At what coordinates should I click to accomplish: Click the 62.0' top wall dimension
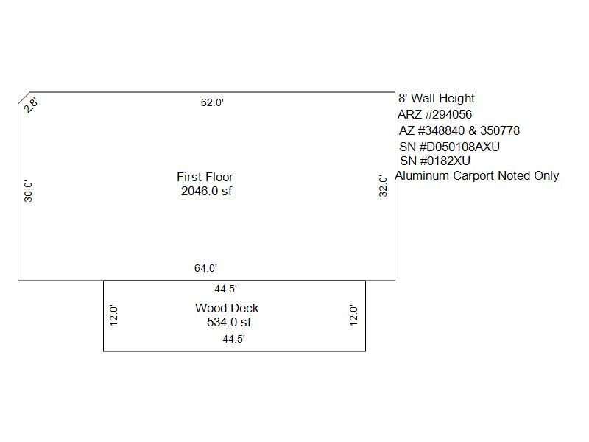[x=212, y=102]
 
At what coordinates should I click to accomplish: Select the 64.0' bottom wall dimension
[x=205, y=268]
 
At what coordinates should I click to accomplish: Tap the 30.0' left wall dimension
[x=28, y=191]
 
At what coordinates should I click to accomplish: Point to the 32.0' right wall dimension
[x=383, y=186]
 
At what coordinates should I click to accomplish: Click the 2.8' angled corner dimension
[x=30, y=105]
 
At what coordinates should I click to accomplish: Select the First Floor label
[x=205, y=177]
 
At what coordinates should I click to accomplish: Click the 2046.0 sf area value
[x=207, y=191]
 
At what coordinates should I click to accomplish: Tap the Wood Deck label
[x=227, y=308]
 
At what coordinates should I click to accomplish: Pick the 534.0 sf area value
[x=229, y=322]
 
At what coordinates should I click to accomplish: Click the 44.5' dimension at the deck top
[x=226, y=289]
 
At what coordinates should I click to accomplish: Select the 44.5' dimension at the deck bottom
[x=233, y=339]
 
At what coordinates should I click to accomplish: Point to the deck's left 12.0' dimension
[x=113, y=315]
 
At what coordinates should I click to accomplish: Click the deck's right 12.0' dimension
[x=353, y=315]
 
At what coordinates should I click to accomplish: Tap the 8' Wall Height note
[x=437, y=98]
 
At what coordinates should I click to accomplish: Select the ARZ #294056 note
[x=434, y=114]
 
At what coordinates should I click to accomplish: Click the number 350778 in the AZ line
[x=500, y=130]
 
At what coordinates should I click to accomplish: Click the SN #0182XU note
[x=435, y=161]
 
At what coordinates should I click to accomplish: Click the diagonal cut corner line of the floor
[x=24, y=98]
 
